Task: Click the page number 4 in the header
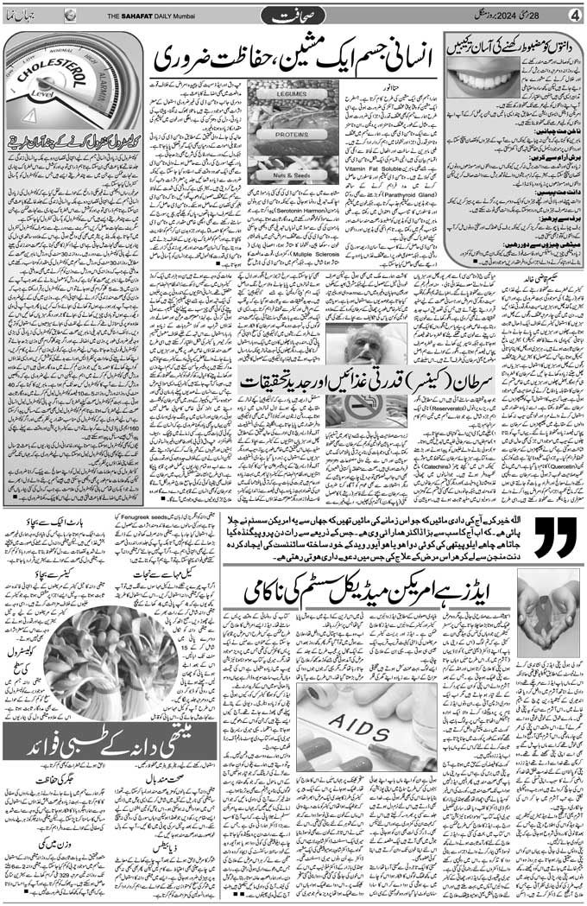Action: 573,15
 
